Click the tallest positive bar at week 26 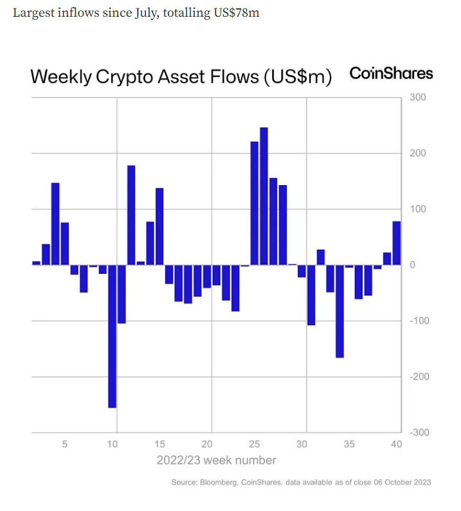[264, 196]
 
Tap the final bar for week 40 [397, 243]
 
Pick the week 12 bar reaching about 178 [131, 215]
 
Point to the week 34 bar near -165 [339, 311]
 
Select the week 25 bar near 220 [254, 203]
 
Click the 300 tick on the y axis [417, 98]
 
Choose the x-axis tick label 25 [255, 444]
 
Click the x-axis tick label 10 [112, 444]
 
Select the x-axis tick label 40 [396, 444]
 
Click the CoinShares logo [391, 73]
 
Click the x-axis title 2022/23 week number [217, 460]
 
